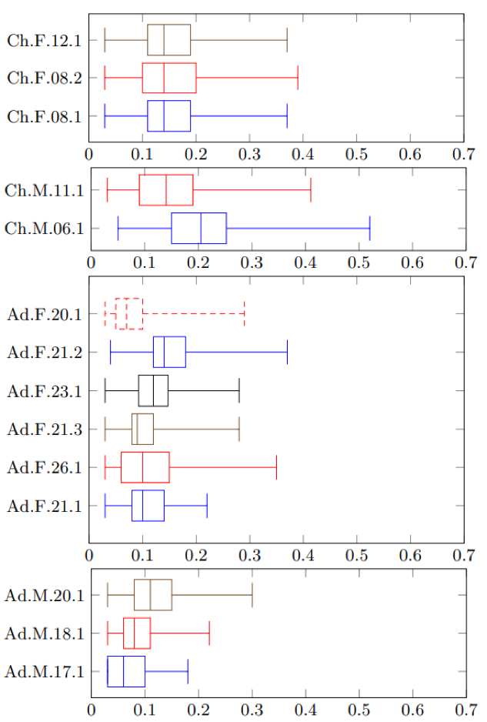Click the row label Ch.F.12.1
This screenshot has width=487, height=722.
pos(44,40)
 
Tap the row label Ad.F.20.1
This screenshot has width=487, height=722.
pos(44,314)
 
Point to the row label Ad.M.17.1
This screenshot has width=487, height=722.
pos(44,672)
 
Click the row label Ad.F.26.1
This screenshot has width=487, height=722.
pos(44,467)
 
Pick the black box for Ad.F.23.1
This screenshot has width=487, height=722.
pos(153,390)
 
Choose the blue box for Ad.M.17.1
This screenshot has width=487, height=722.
pos(126,671)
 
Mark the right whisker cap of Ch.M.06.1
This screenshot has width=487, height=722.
pos(370,229)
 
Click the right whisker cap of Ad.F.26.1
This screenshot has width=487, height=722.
pos(276,467)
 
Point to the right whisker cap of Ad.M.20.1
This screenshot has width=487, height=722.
pos(252,595)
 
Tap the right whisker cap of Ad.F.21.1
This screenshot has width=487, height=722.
pos(207,506)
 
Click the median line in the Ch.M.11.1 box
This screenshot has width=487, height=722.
pos(166,190)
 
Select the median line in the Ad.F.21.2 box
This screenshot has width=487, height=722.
pos(164,352)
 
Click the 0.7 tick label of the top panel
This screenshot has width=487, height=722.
pos(464,154)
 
